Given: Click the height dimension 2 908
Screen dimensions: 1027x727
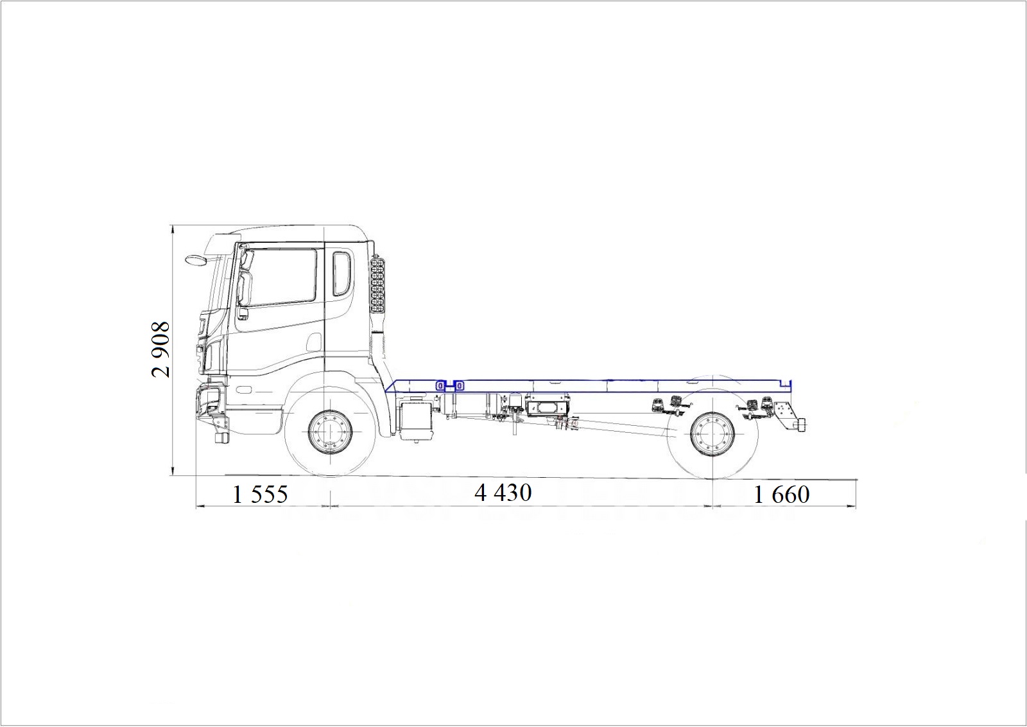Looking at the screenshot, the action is pyautogui.click(x=160, y=349).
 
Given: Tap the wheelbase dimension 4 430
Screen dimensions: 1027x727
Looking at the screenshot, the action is pyautogui.click(x=503, y=493).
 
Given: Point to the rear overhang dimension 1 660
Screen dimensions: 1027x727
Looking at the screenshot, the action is pyautogui.click(x=782, y=495).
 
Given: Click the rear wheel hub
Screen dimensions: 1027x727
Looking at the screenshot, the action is pyautogui.click(x=713, y=434).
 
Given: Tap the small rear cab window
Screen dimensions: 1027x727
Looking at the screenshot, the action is pyautogui.click(x=341, y=274).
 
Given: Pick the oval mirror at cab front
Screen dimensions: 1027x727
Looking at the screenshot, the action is pyautogui.click(x=196, y=259).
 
